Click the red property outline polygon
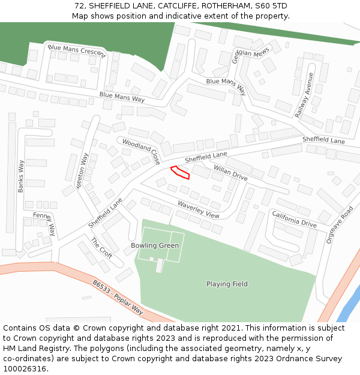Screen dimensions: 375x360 click(180, 172)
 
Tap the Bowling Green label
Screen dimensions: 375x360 click(155, 245)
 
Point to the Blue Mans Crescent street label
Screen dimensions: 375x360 click(76, 51)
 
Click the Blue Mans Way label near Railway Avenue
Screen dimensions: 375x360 click(226, 86)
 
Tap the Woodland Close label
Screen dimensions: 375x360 click(142, 151)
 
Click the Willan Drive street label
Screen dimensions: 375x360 click(230, 174)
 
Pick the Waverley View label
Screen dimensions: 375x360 click(199, 209)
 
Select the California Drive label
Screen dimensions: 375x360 click(294, 219)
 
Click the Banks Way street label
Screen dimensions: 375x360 click(22, 176)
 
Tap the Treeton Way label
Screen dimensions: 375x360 click(82, 171)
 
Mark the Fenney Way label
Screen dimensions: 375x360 click(45, 223)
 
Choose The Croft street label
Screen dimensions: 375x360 click(101, 247)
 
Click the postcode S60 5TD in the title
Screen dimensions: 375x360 click(271, 6)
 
